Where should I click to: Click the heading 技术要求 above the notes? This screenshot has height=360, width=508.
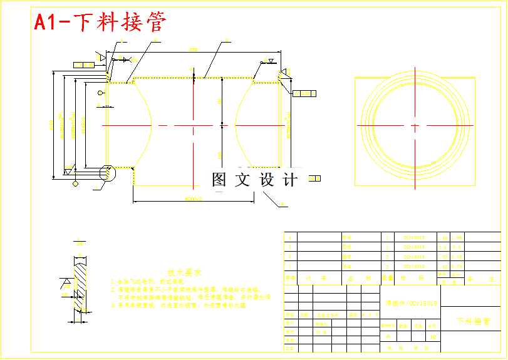(184, 273)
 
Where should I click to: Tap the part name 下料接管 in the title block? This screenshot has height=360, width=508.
(473, 321)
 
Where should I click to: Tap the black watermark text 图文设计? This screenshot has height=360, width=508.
(254, 180)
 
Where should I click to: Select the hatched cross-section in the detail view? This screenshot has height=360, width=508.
(80, 285)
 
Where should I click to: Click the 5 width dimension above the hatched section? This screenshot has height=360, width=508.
(79, 242)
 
